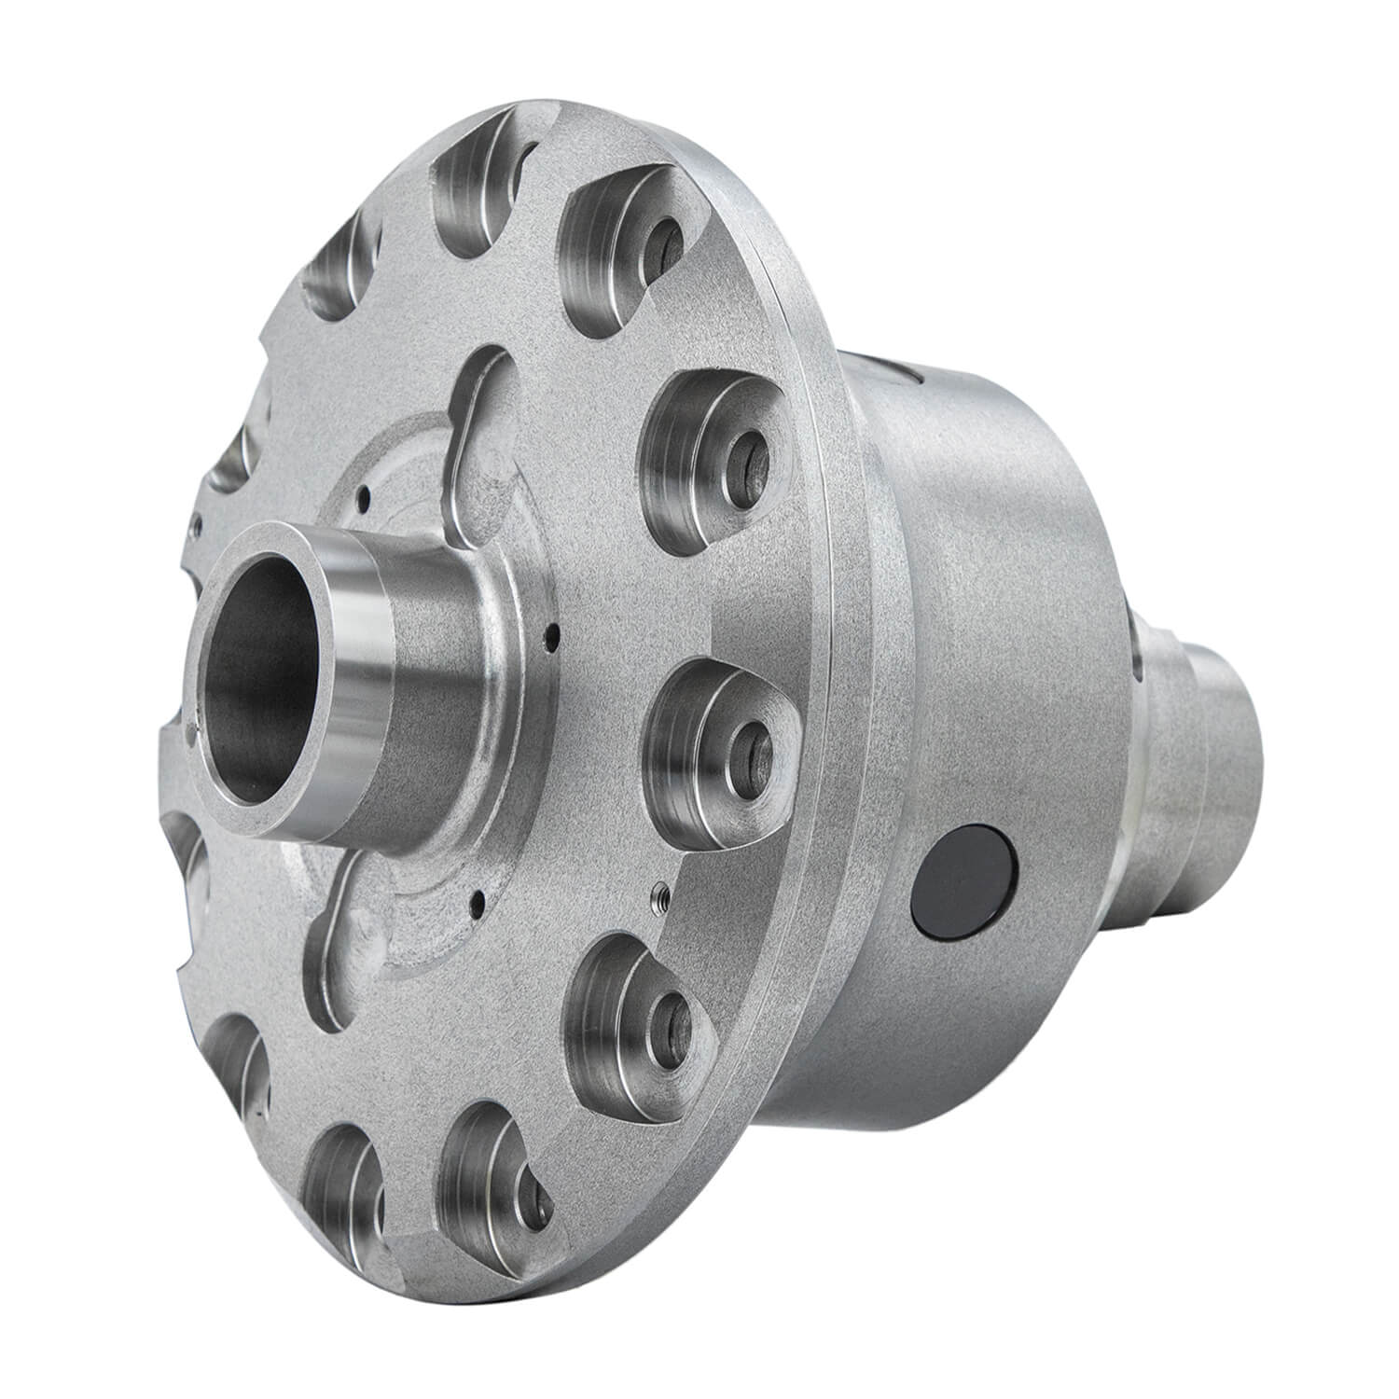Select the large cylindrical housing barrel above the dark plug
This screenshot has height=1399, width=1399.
click(x=989, y=606)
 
